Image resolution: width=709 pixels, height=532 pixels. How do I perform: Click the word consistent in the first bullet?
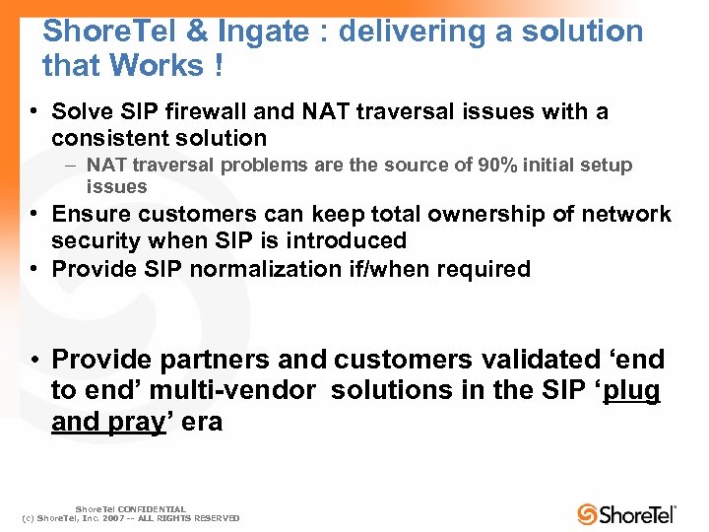coord(107,138)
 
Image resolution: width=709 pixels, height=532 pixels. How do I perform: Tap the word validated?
coord(548,360)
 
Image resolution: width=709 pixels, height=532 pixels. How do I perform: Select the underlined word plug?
coord(632,390)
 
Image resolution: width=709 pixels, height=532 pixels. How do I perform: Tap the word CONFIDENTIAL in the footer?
coord(152,509)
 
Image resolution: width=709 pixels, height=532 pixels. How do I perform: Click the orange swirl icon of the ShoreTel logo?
coord(588,514)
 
